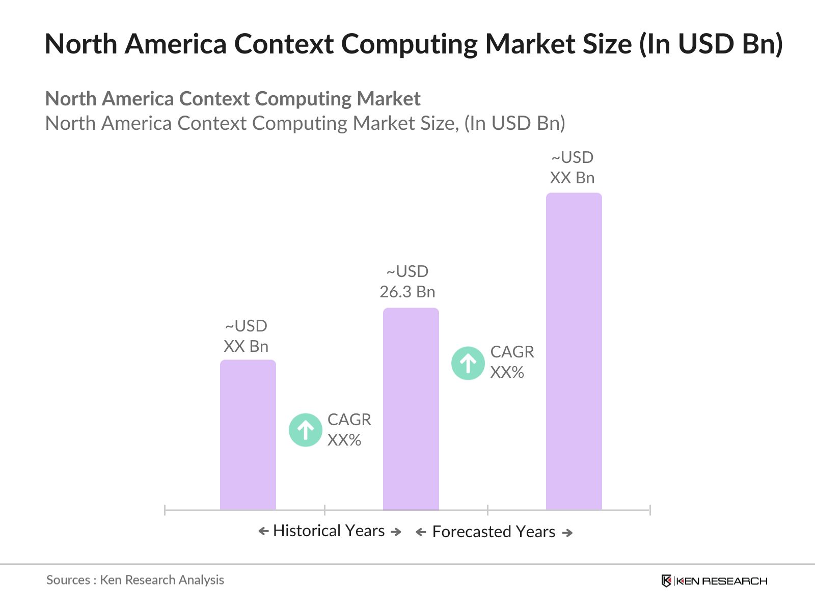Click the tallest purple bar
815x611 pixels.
click(x=574, y=351)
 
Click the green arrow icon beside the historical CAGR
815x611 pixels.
click(x=306, y=430)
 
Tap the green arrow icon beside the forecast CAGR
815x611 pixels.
click(x=468, y=363)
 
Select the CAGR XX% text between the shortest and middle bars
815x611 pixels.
click(x=349, y=430)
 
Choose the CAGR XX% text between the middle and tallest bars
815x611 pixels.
click(x=511, y=362)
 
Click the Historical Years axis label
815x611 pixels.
click(x=329, y=531)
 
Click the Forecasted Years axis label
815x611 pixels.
click(x=494, y=532)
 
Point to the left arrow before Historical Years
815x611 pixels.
click(x=263, y=531)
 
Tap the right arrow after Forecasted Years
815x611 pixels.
click(x=567, y=533)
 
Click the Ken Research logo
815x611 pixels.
click(x=714, y=580)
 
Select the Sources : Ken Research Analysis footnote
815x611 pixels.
click(x=135, y=579)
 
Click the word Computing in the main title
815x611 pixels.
click(x=410, y=44)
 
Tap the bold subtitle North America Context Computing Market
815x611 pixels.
click(x=233, y=99)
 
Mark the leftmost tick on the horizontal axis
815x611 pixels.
click(x=165, y=510)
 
